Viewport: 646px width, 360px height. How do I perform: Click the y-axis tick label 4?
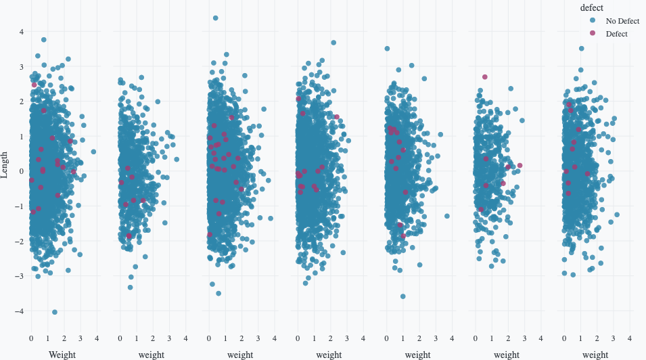pos(21,32)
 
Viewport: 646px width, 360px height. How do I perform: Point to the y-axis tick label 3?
pos(21,66)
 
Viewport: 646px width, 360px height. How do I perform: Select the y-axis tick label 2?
pos(21,102)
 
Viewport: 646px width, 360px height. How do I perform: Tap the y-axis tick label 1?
pos(21,137)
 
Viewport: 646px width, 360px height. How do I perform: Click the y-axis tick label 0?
pos(21,171)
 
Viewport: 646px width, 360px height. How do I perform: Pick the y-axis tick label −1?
pos(20,206)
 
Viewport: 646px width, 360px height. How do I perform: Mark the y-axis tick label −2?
pos(20,242)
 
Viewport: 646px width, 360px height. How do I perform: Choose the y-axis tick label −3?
pos(20,276)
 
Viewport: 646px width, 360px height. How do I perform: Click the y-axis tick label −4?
pos(20,311)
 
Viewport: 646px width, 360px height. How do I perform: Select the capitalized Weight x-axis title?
pos(62,354)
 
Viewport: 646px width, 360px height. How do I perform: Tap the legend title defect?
pos(592,7)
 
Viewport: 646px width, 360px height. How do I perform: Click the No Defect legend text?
pos(622,21)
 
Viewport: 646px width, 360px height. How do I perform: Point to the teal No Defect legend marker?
pos(593,21)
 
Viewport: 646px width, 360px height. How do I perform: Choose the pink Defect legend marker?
pos(593,33)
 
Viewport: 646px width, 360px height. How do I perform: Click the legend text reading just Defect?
pos(616,34)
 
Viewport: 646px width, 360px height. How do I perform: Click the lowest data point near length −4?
pos(55,312)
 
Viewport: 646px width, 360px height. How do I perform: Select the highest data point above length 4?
pos(215,18)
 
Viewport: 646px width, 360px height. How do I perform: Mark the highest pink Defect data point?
pos(484,77)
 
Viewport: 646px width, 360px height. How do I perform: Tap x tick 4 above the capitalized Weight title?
pos(97,338)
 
